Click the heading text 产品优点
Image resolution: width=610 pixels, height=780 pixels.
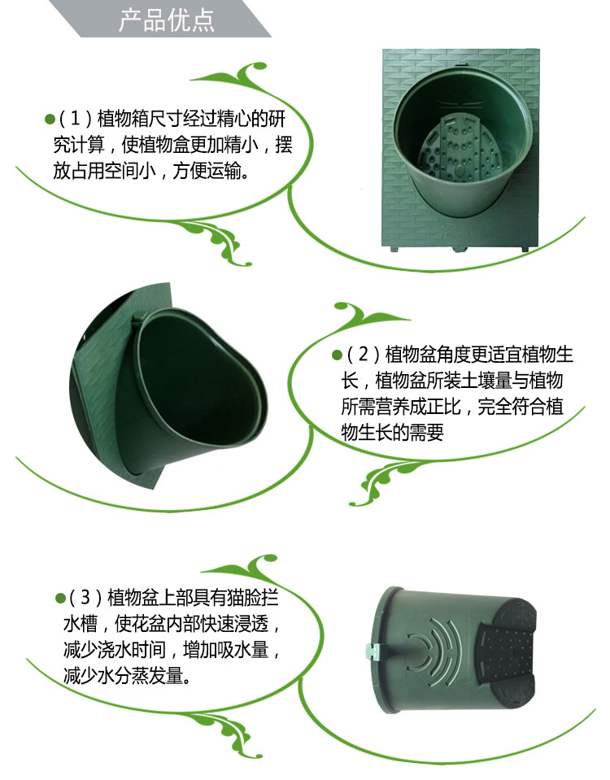[166, 20]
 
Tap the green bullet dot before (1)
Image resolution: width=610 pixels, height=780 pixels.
[50, 119]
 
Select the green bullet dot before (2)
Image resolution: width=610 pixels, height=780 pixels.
[337, 355]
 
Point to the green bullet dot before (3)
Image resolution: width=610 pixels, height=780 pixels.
[61, 598]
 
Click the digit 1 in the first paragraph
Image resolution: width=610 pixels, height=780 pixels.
[75, 119]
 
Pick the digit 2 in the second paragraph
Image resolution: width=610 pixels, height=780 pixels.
[363, 354]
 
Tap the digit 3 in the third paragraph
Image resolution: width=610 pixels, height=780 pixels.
[85, 597]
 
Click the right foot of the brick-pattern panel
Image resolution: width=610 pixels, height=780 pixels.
[525, 248]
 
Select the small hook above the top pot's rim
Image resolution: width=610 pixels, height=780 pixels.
[461, 66]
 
